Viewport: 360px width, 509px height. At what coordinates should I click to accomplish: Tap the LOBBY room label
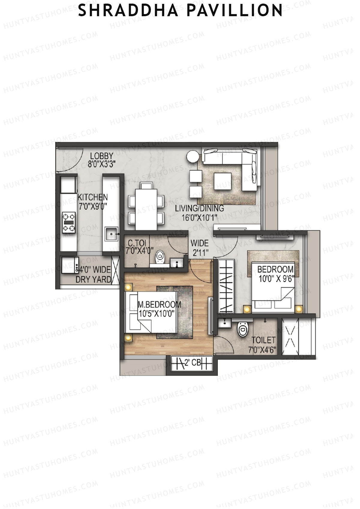click(x=102, y=156)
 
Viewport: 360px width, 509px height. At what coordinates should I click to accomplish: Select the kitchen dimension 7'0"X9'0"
click(x=93, y=206)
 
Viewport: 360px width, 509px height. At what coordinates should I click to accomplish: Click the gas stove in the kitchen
click(x=69, y=222)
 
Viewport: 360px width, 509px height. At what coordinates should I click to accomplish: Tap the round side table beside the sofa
click(x=192, y=157)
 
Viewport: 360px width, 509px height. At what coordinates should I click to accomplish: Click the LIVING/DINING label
click(x=199, y=208)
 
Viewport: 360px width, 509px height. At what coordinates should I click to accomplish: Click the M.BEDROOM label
click(x=159, y=304)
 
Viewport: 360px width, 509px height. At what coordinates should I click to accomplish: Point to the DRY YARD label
click(x=93, y=279)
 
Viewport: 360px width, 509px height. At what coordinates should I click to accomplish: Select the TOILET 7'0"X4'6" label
click(x=262, y=345)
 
